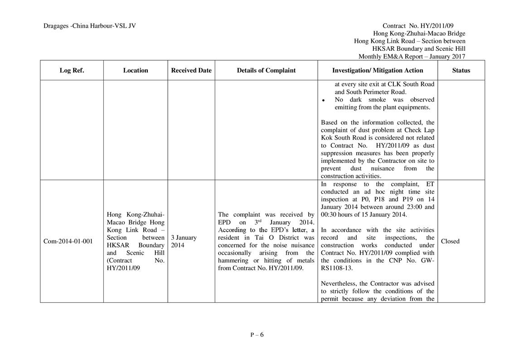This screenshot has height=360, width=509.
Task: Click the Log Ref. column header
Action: click(x=72, y=70)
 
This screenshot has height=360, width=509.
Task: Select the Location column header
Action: click(x=136, y=70)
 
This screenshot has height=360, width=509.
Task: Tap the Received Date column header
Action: click(x=191, y=70)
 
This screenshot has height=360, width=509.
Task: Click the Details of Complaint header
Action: click(x=266, y=70)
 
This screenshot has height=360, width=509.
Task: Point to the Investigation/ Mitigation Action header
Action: click(x=378, y=70)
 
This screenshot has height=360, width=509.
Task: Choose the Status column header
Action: click(x=461, y=70)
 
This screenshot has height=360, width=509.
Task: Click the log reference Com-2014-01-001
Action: click(x=68, y=241)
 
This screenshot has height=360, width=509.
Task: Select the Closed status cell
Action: click(x=450, y=241)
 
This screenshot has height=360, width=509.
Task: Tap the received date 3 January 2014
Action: click(x=183, y=241)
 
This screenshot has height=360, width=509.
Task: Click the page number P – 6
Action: click(x=257, y=335)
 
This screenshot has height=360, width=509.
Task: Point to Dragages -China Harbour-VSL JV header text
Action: click(x=90, y=26)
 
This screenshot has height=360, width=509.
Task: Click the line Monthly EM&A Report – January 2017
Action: click(x=412, y=57)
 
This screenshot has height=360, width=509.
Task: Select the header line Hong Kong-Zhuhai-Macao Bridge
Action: click(x=419, y=34)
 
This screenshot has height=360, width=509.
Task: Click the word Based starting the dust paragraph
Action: click(x=329, y=122)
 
